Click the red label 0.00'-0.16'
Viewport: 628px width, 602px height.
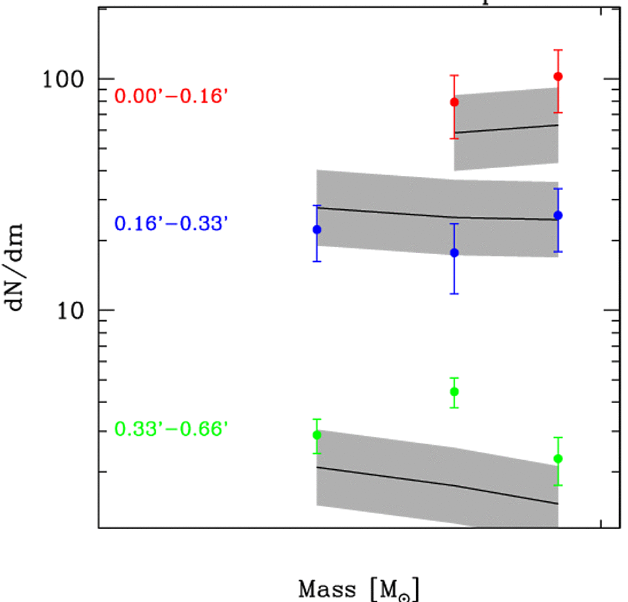171,96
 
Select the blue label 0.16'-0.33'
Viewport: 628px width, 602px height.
171,223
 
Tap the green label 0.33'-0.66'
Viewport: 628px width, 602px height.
171,429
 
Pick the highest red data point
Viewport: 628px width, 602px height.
558,76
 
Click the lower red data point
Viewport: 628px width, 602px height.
455,102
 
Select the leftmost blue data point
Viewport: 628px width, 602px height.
317,229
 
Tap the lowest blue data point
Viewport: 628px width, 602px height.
455,252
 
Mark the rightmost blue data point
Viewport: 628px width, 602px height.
558,215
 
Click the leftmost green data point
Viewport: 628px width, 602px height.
317,434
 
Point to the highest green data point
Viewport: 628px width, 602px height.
455,391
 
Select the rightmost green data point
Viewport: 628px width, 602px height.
558,458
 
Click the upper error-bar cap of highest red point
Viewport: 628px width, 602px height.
558,50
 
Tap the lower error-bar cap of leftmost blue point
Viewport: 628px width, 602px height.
317,261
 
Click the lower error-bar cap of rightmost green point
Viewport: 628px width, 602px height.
558,485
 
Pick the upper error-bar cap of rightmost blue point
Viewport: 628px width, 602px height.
558,189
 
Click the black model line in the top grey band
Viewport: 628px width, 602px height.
507,128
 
